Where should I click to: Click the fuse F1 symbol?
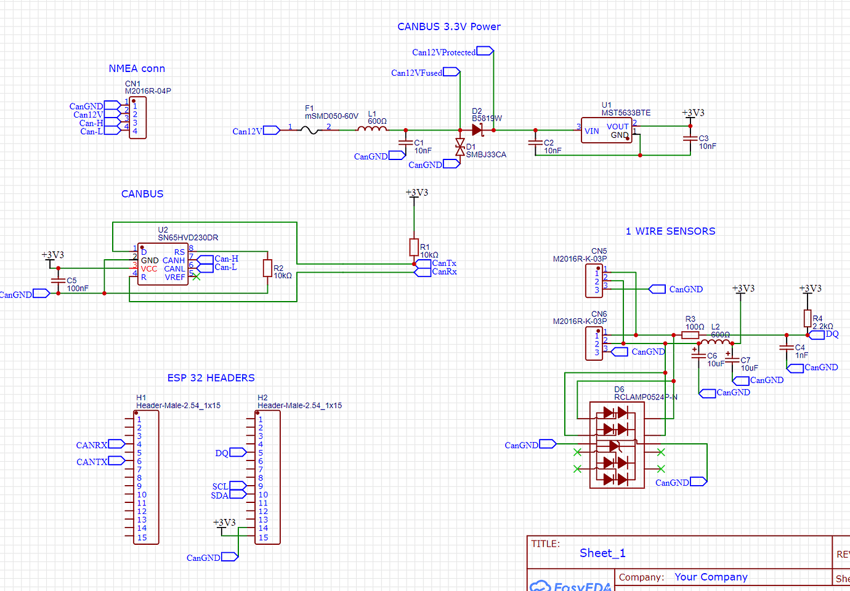pyautogui.click(x=309, y=130)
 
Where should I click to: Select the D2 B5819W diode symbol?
pyautogui.click(x=477, y=130)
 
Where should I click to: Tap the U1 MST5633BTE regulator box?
pyautogui.click(x=607, y=131)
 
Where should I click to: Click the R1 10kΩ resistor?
pyautogui.click(x=414, y=247)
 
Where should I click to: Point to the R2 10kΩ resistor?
pyautogui.click(x=267, y=268)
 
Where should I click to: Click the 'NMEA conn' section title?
pyautogui.click(x=137, y=68)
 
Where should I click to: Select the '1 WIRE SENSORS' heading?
pyautogui.click(x=670, y=231)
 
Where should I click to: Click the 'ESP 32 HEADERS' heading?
pyautogui.click(x=211, y=378)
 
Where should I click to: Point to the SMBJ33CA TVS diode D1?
pyautogui.click(x=459, y=147)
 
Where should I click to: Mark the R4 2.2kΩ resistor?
pyautogui.click(x=807, y=318)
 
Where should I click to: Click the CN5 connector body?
pyautogui.click(x=594, y=281)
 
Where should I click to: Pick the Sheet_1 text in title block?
pyautogui.click(x=602, y=553)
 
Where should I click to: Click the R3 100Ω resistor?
pyautogui.click(x=690, y=335)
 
